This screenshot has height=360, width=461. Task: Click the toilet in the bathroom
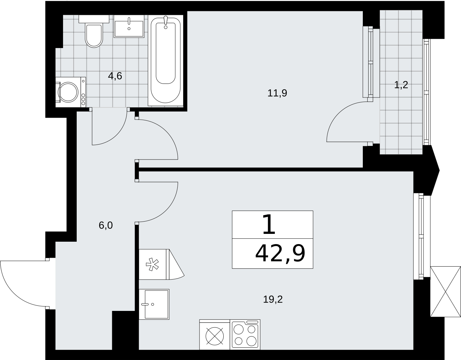pyautogui.click(x=94, y=31)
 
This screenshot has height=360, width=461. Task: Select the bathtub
pyautogui.click(x=165, y=60)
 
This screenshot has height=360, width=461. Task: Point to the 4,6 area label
pyautogui.click(x=115, y=76)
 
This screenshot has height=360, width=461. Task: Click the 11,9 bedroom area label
pyautogui.click(x=277, y=93)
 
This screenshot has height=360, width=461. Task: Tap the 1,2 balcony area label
pyautogui.click(x=401, y=85)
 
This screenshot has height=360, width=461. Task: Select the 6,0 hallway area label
pyautogui.click(x=106, y=225)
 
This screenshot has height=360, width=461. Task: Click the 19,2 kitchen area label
pyautogui.click(x=273, y=299)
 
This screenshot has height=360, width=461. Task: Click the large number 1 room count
pyautogui.click(x=269, y=225)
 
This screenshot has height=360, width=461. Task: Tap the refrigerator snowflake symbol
pyautogui.click(x=152, y=264)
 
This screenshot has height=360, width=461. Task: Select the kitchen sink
pyautogui.click(x=154, y=304)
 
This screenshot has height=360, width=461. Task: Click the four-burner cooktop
pyautogui.click(x=245, y=334)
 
